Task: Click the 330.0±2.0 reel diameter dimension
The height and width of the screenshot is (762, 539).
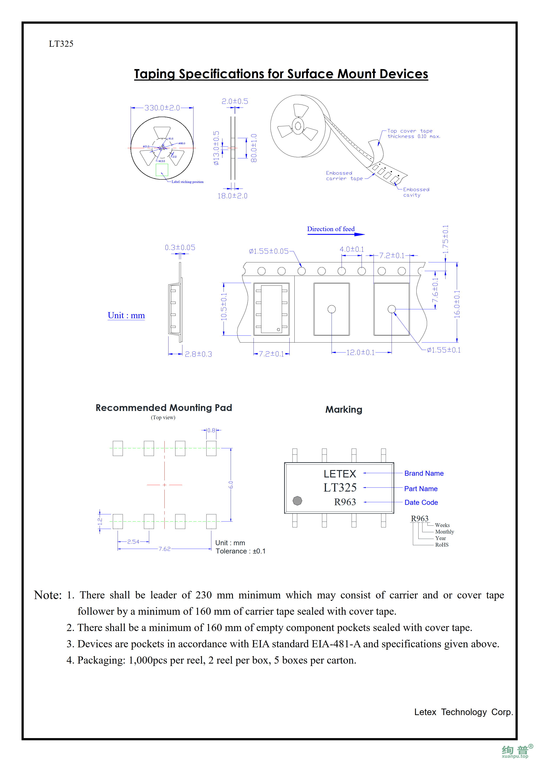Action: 162,108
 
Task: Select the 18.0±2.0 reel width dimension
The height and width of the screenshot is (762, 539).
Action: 232,196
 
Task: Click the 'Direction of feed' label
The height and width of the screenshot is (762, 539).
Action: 330,229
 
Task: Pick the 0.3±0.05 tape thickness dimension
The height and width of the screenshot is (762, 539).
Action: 180,248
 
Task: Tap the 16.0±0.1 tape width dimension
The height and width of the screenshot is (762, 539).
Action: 457,304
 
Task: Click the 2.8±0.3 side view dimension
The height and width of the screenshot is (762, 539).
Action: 198,354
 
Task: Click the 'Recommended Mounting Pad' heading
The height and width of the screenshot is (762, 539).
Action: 164,408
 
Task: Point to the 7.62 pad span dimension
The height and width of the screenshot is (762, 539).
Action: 164,549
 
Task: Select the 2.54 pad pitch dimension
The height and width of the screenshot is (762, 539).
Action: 133,542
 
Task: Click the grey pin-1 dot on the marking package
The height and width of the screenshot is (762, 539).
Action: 297,500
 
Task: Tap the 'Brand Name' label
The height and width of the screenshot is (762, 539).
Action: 424,473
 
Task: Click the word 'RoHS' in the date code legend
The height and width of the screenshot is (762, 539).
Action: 442,545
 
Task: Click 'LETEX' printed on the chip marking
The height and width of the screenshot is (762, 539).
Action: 340,474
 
